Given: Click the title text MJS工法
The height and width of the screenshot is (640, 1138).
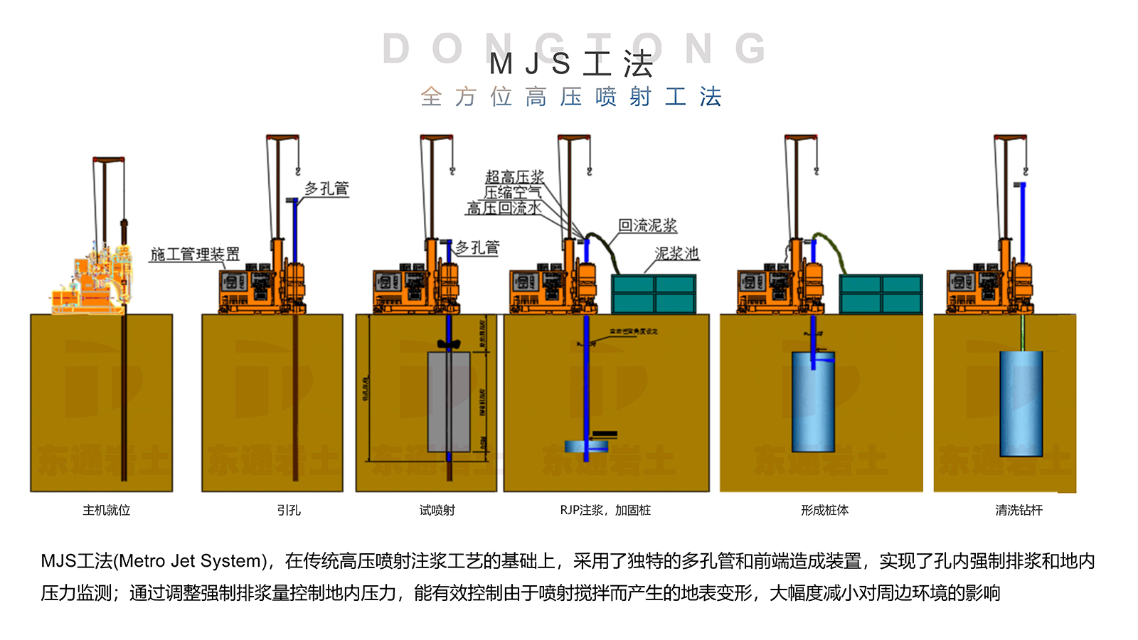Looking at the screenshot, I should [571, 64].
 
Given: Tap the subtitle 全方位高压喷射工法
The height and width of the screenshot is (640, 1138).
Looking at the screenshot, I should [571, 97].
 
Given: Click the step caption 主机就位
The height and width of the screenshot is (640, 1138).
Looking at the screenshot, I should [107, 510].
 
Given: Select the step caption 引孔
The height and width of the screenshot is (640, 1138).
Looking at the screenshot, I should [289, 510].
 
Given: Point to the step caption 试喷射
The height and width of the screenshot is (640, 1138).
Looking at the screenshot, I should [437, 510].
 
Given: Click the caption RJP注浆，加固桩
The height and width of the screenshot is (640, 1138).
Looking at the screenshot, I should [605, 510].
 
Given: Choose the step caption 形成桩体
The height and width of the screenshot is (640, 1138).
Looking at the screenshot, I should [824, 510].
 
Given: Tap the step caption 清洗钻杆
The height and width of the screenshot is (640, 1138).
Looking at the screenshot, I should [1019, 510].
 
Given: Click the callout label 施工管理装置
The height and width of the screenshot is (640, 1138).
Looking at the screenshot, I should [195, 254].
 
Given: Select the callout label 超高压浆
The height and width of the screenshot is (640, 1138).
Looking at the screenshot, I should [514, 176].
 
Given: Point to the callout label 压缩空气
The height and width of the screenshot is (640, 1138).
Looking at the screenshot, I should [512, 192].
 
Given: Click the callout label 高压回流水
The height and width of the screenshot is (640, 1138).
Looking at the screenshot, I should [504, 208].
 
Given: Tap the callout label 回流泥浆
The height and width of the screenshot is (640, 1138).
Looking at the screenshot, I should [647, 225].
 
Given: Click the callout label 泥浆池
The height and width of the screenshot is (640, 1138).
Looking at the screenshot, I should [676, 253].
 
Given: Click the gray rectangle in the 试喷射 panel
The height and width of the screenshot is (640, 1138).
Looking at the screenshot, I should [448, 402].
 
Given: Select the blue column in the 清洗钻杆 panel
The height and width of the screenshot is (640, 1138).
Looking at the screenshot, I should [1021, 403].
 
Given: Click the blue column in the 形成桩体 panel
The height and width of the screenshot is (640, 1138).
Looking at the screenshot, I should [813, 402].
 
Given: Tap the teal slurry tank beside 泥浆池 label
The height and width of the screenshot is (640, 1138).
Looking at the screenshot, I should [654, 294].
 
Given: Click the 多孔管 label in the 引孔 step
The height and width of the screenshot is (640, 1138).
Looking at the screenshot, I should [326, 188].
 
